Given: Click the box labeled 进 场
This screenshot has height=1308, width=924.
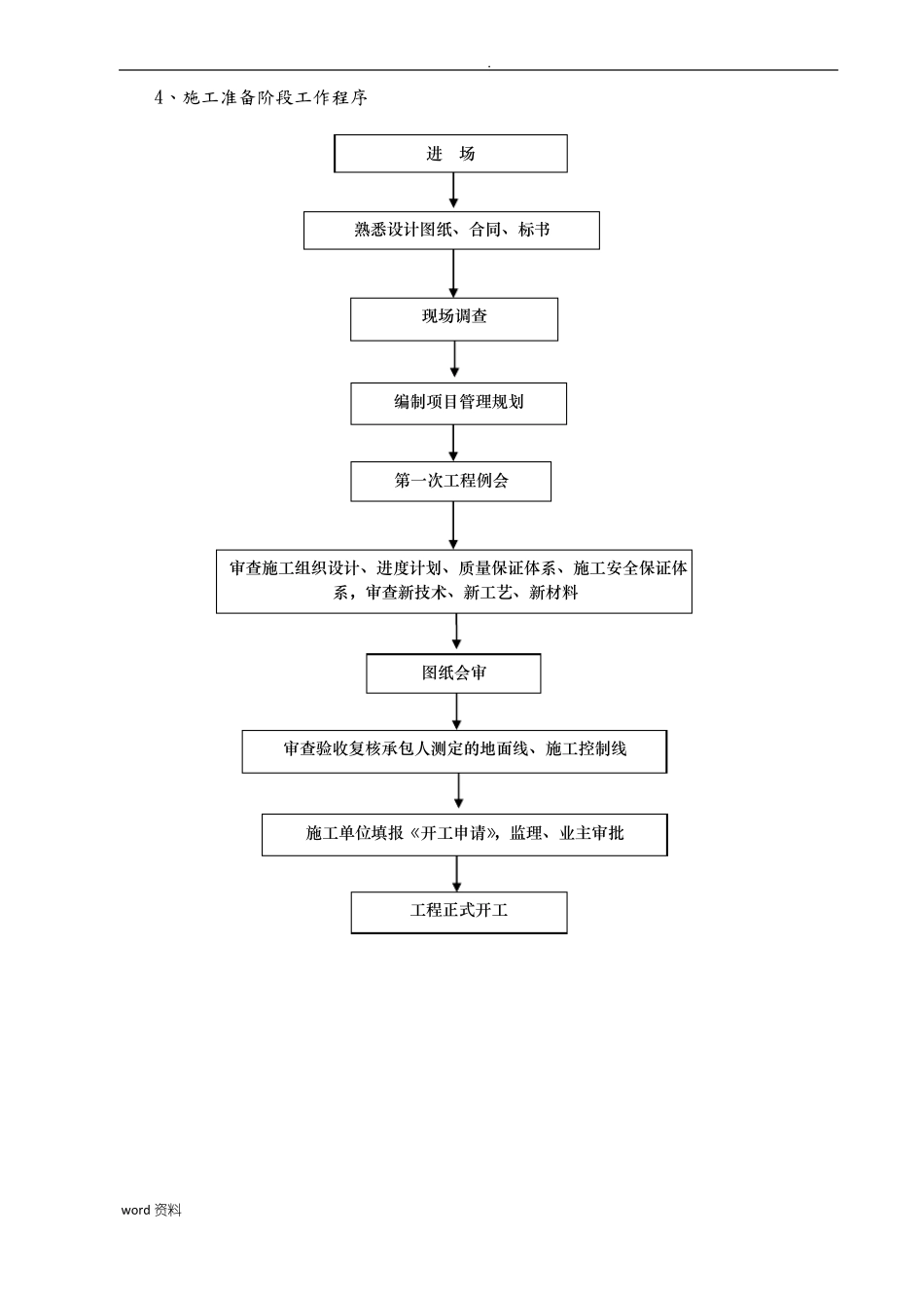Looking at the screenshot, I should [450, 154].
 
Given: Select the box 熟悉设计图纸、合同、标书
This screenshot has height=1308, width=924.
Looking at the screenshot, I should [451, 231].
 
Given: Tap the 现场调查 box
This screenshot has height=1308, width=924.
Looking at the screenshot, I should [454, 317].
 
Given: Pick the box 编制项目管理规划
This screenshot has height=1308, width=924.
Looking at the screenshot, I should [458, 402].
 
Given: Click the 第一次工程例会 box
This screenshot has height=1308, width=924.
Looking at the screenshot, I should [450, 481].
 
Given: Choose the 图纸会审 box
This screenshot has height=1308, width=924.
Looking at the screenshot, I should [453, 672].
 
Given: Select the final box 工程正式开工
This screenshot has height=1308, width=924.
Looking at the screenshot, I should [458, 912].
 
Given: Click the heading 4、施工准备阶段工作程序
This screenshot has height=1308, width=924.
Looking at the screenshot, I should [261, 98].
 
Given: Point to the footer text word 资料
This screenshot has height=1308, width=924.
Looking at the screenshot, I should [151, 1210].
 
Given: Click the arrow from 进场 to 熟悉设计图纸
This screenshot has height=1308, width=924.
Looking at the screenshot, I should [453, 192].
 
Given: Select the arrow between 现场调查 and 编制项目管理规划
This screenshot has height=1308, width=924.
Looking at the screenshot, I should [454, 360].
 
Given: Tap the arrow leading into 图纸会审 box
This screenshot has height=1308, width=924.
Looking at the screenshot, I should [456, 633].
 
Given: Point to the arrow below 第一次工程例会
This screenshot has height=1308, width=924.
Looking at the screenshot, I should [453, 525].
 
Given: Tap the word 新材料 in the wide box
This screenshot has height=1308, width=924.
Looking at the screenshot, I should [553, 593].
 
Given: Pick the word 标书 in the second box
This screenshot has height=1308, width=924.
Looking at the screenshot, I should [534, 231].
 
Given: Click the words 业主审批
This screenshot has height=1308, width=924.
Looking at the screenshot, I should [591, 833].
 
